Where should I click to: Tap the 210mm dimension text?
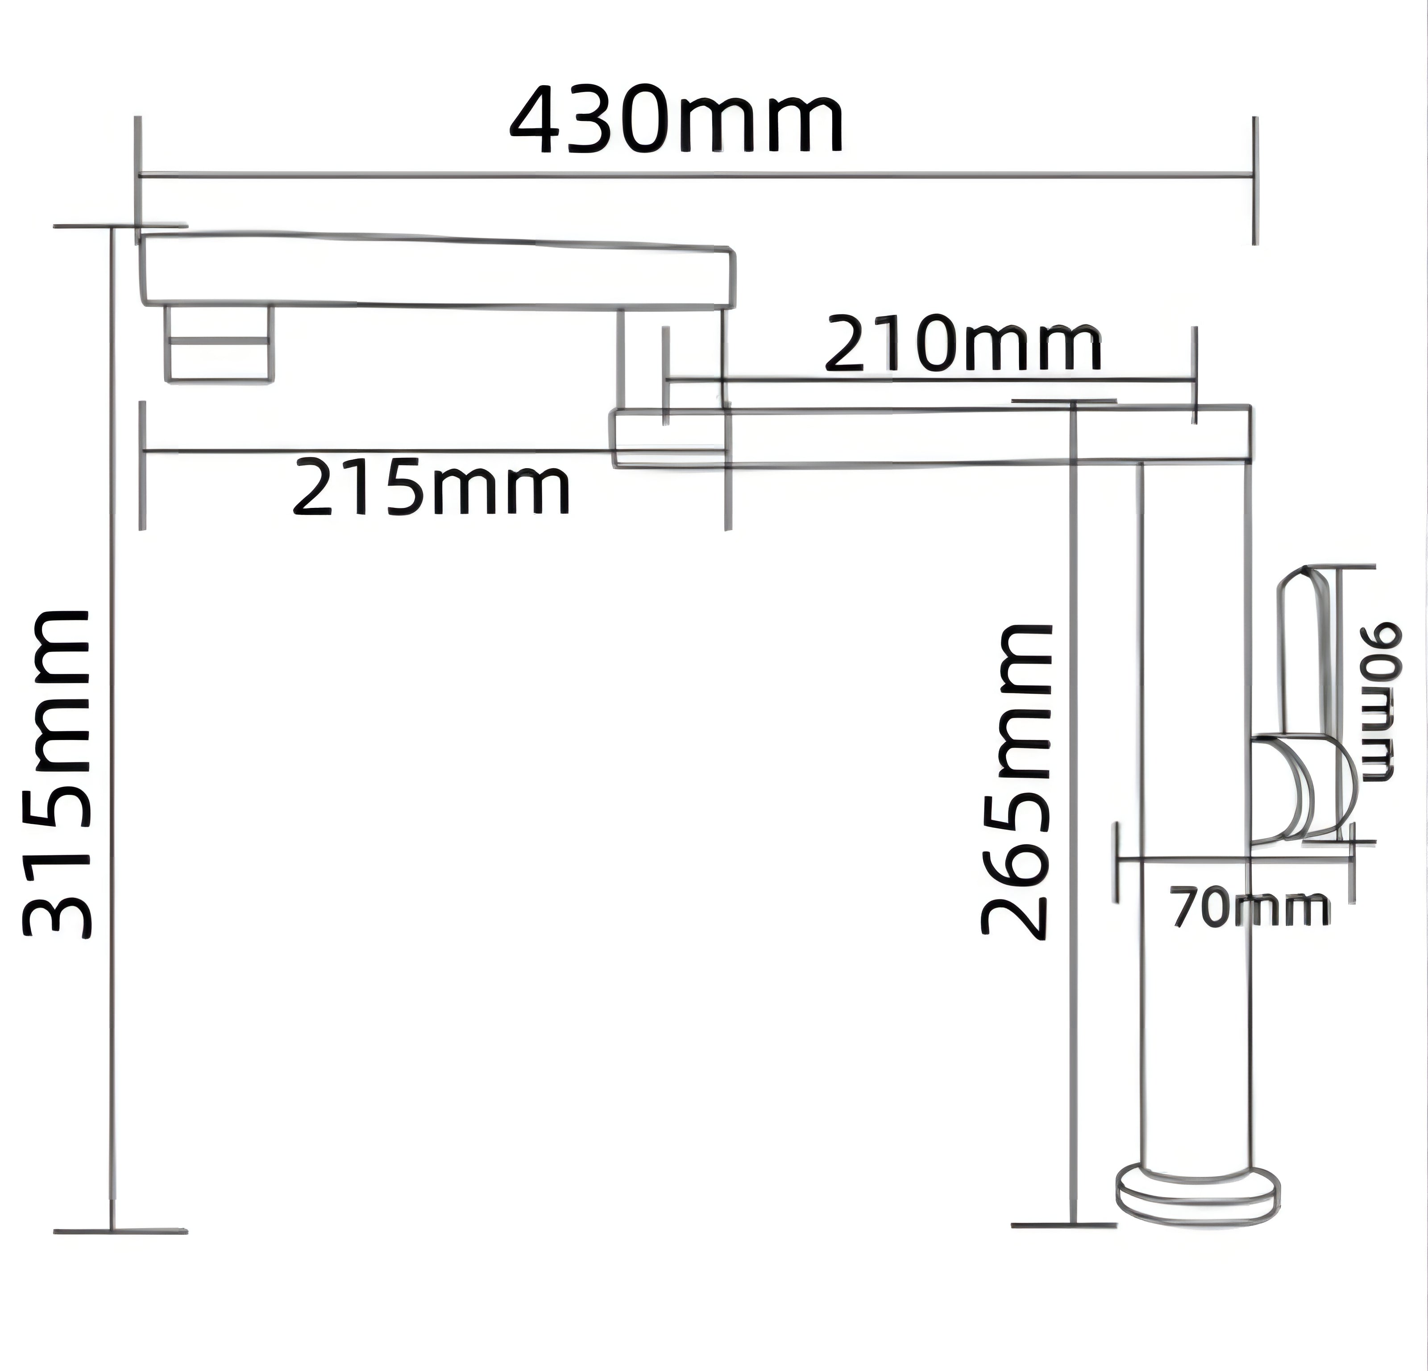pyautogui.click(x=963, y=343)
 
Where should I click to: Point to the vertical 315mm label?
pyautogui.click(x=57, y=775)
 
